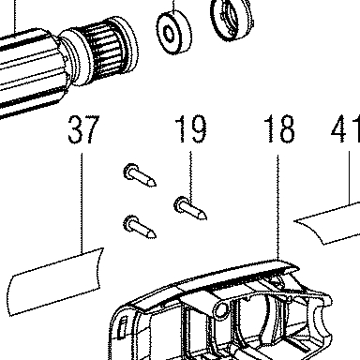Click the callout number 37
pos(83,129)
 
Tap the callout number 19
pos(190,128)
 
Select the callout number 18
pos(279,128)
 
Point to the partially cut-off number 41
pos(345,128)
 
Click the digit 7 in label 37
pos(92,129)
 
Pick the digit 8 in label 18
pos(286,128)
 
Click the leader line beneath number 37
pos(82,202)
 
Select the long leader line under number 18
pos(277,207)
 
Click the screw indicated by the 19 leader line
pos(190,208)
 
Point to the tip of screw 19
pos(205,217)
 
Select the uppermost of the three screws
pos(140,174)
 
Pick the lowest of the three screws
pos(140,227)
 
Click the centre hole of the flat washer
pos(170,34)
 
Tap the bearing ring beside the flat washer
pos(231,18)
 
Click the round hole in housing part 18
pos(221,310)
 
